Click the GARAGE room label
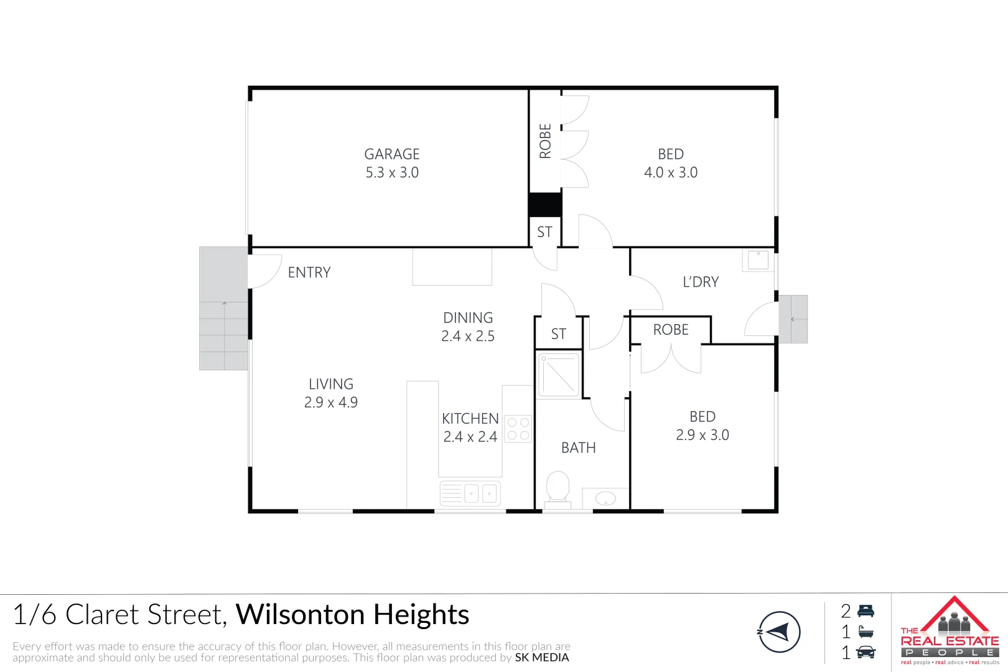pos(392,154)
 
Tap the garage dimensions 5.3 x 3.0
pos(392,173)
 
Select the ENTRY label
pos(309,273)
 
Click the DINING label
pos(468,318)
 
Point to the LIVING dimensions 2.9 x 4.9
pos(331,403)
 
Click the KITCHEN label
pos(470,419)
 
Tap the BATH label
pos(579,448)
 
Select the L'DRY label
pos(701,282)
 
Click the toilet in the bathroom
pos(558,486)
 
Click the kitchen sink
pos(470,494)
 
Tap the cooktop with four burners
pos(518,429)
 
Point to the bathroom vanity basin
pos(605,498)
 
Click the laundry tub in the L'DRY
pos(758,260)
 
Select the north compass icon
pos(779,632)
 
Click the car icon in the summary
pos(866,653)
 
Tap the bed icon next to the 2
pos(866,612)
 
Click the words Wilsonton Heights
pos(352,615)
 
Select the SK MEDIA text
pos(542,658)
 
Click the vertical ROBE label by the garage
pos(546,141)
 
